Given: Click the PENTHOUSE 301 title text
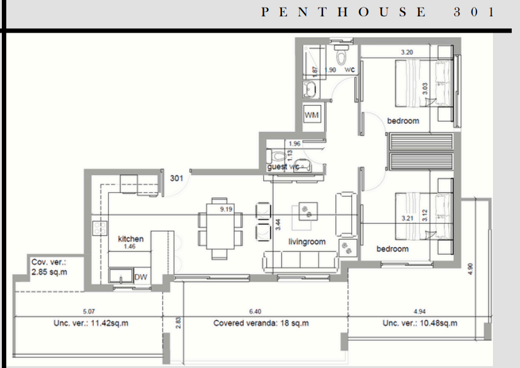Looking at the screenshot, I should click(x=378, y=13).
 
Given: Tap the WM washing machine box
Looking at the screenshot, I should click(x=312, y=115).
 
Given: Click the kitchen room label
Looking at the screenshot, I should click(x=131, y=239).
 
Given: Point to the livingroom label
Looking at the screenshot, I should click(x=307, y=242).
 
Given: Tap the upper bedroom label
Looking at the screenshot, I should click(x=403, y=121).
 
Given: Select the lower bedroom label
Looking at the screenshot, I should click(x=392, y=249).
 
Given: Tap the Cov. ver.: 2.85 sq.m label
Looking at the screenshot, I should click(x=49, y=267).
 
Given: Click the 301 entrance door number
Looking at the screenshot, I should click(x=177, y=179).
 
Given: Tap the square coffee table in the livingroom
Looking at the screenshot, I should click(x=308, y=211).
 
